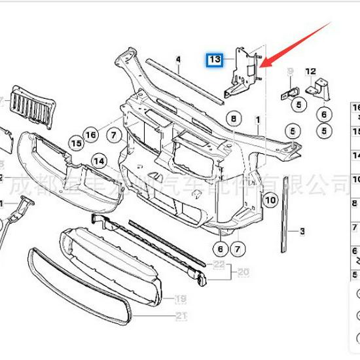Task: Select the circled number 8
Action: (x=232, y=118)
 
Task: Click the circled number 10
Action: (x=271, y=198)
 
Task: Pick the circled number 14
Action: (x=99, y=161)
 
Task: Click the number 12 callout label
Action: (x=310, y=71)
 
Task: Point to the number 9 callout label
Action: (x=290, y=71)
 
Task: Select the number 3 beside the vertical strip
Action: (x=302, y=231)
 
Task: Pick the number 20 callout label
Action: (x=243, y=272)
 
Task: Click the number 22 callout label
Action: (x=219, y=264)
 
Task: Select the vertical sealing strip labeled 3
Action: (x=287, y=226)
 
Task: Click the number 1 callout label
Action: (x=258, y=121)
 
